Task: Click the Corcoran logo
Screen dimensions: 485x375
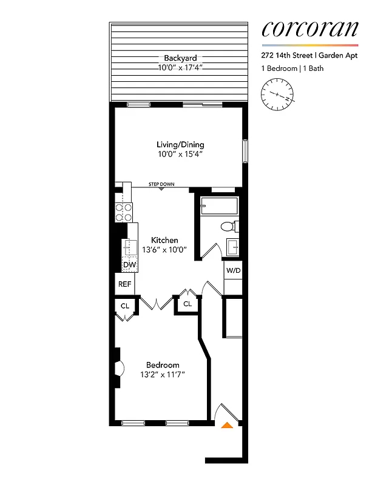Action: pyautogui.click(x=309, y=29)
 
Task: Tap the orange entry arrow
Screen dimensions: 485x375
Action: pyautogui.click(x=226, y=425)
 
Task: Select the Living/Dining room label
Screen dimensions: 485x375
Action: pyautogui.click(x=180, y=145)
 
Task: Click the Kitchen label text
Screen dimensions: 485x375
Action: pyautogui.click(x=164, y=240)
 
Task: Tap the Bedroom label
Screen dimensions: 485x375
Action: pyautogui.click(x=163, y=365)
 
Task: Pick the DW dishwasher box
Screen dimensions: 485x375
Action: pyautogui.click(x=129, y=265)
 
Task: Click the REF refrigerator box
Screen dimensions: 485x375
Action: pyautogui.click(x=125, y=284)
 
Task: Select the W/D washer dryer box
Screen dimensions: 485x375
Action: pyautogui.click(x=233, y=270)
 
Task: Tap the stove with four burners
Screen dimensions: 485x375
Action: pyautogui.click(x=124, y=212)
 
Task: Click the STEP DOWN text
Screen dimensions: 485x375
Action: pyautogui.click(x=161, y=184)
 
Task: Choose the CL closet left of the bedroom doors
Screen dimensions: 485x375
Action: pyautogui.click(x=124, y=306)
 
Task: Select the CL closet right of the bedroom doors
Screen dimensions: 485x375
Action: pyautogui.click(x=187, y=304)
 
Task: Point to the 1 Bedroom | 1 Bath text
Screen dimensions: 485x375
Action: pyautogui.click(x=292, y=69)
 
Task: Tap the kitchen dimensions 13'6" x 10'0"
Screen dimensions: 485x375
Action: pyautogui.click(x=164, y=249)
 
